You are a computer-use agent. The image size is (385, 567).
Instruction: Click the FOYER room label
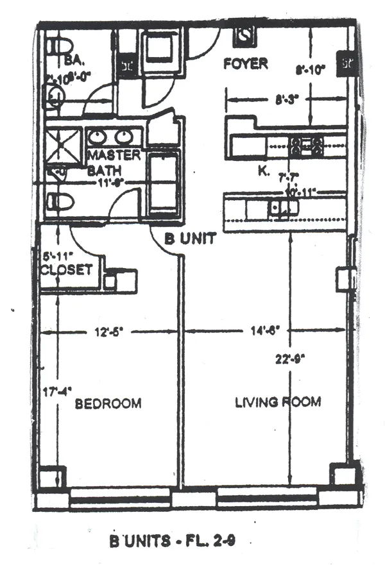(244, 64)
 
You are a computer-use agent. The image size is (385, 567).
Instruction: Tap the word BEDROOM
(108, 403)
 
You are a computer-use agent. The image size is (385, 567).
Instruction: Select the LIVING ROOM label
(277, 402)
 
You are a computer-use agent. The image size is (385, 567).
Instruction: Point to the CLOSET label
(66, 270)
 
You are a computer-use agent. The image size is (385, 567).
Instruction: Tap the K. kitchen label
(263, 171)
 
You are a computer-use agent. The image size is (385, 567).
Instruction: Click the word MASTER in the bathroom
(114, 156)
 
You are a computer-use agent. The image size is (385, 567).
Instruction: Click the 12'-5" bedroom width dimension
(108, 332)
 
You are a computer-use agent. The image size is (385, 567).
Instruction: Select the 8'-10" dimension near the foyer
(309, 71)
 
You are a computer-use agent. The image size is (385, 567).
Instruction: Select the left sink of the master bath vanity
(98, 137)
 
